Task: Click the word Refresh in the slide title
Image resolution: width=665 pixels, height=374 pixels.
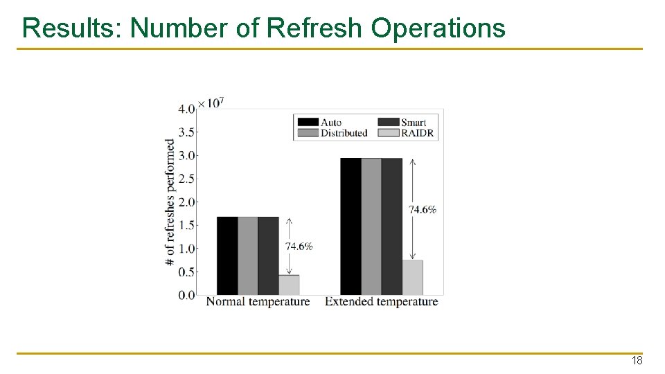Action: (314, 28)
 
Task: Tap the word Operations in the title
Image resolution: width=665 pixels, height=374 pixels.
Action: (438, 28)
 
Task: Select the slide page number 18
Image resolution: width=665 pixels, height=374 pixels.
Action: (637, 361)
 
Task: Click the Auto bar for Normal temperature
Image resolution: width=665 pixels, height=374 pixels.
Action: (227, 256)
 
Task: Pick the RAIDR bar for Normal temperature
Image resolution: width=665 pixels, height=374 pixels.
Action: (290, 285)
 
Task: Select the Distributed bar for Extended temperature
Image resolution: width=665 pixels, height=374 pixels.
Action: (371, 226)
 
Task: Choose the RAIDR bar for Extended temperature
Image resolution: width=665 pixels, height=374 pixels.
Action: (412, 277)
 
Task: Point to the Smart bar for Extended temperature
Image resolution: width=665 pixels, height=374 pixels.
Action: (391, 226)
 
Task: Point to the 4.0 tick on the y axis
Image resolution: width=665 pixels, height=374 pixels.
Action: (186, 109)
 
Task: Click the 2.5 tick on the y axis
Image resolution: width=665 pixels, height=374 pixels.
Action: (186, 179)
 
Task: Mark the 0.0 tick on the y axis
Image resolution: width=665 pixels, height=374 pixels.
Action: (186, 295)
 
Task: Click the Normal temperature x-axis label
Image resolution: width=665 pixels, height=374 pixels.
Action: (258, 302)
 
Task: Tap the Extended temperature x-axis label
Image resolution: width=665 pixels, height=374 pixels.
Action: (381, 302)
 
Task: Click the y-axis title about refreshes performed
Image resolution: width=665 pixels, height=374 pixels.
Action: (170, 202)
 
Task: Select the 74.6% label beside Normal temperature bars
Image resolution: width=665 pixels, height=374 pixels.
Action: (299, 247)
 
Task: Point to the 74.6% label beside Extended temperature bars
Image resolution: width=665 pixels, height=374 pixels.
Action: (423, 209)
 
